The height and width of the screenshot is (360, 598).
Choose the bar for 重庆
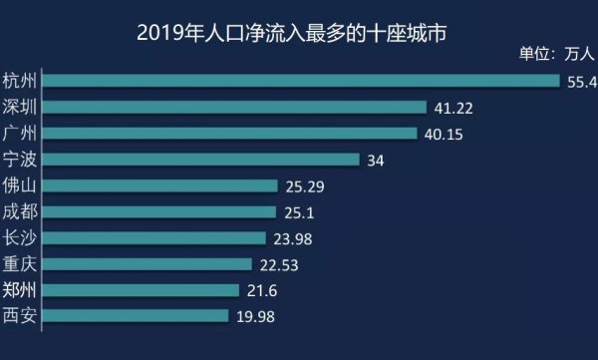tap(149, 264)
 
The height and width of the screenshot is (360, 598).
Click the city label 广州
tap(21, 133)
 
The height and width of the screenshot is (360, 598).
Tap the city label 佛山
tap(21, 185)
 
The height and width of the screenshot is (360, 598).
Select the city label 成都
tap(21, 211)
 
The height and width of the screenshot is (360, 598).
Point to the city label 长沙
tap(21, 237)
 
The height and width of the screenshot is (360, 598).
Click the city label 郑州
tap(21, 290)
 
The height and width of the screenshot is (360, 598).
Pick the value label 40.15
tap(446, 134)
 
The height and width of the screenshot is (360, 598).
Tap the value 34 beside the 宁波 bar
tap(376, 160)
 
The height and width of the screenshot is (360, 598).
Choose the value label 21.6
tap(263, 291)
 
